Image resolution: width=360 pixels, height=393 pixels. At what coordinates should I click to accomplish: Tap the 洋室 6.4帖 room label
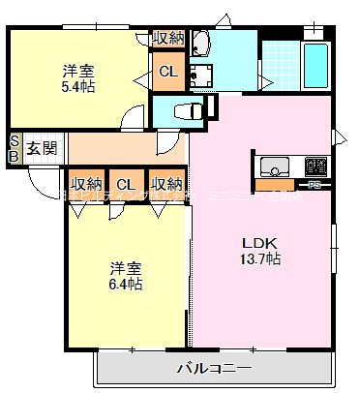tap(125, 276)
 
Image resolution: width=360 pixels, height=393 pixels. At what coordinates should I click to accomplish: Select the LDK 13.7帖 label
tap(260, 251)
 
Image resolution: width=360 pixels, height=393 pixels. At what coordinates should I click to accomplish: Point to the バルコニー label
tap(214, 368)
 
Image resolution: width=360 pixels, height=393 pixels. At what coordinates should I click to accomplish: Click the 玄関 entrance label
tap(41, 147)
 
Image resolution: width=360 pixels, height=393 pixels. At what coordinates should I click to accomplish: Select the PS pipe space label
tap(315, 183)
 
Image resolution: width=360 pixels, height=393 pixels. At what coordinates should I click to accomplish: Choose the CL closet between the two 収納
tap(125, 184)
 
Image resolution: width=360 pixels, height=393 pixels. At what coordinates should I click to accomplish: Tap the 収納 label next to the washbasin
tap(167, 38)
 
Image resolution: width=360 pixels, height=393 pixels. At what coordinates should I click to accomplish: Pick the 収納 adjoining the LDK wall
tap(166, 184)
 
